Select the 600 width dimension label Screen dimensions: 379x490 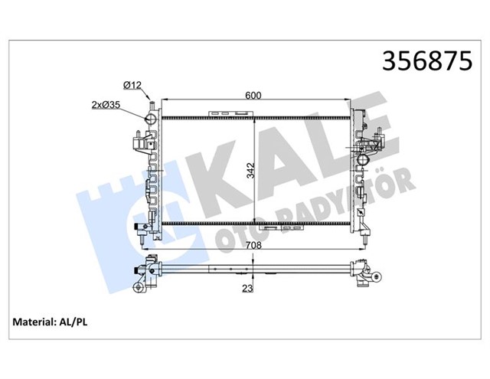(x=254, y=96)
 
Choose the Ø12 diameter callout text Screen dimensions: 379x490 (x=133, y=84)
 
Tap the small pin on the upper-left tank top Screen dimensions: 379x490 (x=153, y=103)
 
